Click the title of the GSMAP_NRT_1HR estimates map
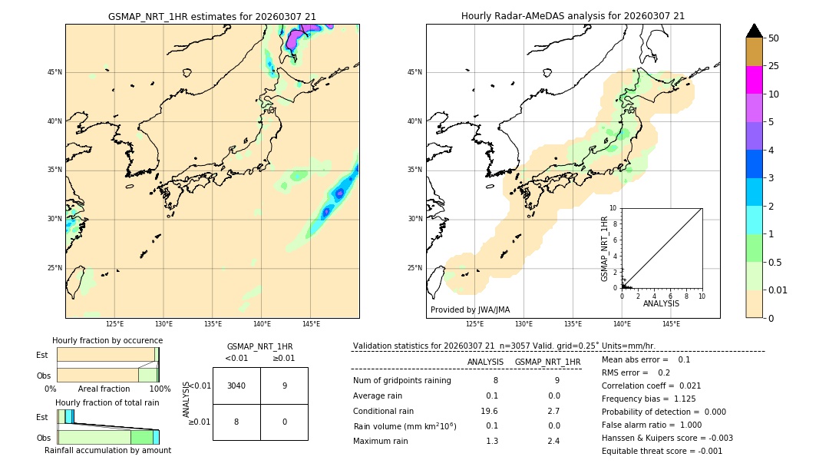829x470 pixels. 212,16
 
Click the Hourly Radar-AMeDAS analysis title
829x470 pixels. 573,16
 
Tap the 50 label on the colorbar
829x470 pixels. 774,38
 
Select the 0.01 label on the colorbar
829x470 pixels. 778,290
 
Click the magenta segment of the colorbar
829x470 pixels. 755,80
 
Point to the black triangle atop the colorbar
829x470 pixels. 755,31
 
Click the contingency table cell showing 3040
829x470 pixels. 236,386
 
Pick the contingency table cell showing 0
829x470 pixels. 284,422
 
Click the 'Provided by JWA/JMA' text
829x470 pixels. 470,309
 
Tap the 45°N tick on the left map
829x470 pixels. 54,72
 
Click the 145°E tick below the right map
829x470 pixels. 671,324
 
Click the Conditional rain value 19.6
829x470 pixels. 489,411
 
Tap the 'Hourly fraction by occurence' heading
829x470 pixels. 107,340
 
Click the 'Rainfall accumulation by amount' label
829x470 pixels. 107,450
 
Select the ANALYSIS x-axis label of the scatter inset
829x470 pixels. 661,303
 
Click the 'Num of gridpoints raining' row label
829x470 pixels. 402,380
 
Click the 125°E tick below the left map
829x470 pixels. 114,324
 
